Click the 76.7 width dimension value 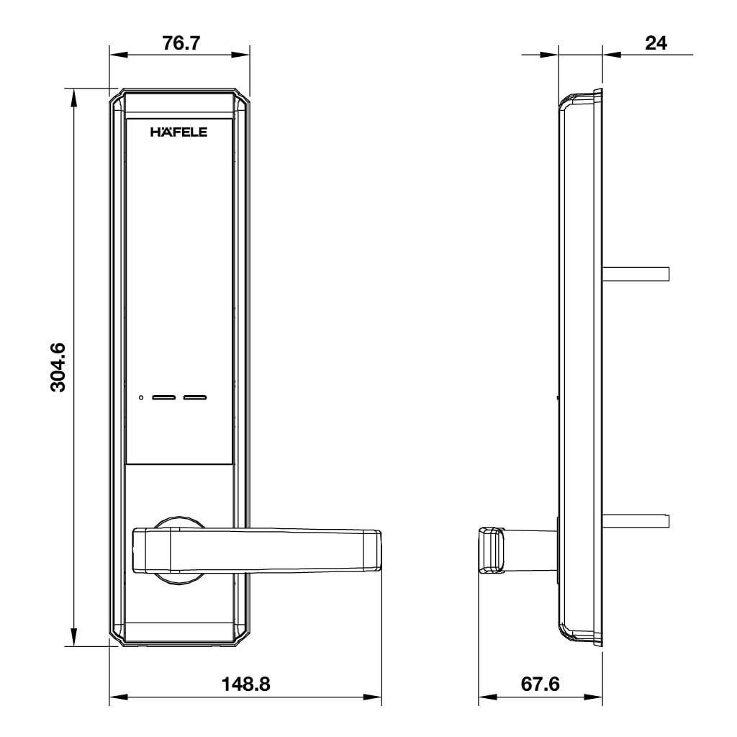point(181,43)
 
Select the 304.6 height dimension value point(58,367)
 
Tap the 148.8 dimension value point(245,684)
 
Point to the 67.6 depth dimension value point(540,684)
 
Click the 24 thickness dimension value point(656,43)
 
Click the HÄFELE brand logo point(178,132)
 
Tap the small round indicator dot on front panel point(142,397)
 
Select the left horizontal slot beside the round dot point(165,397)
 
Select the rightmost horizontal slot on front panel point(194,397)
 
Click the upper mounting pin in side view point(636,273)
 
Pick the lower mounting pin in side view point(636,520)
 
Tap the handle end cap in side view point(490,550)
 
